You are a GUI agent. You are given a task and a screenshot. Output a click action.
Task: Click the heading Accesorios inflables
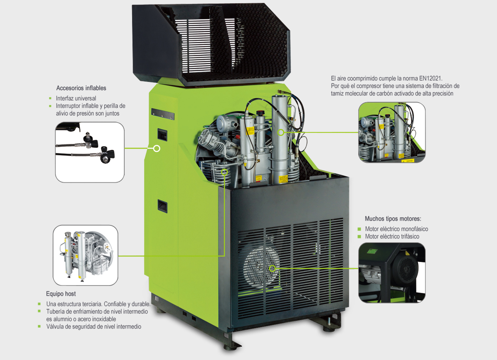coord(81,88)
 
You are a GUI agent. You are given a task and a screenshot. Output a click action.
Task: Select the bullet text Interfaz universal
coord(76,98)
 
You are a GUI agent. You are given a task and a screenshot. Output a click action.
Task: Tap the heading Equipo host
coord(61,294)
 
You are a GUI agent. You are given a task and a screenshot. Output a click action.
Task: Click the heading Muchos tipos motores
coord(393,219)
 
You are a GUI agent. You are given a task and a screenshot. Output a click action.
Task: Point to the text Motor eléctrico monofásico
coord(396,229)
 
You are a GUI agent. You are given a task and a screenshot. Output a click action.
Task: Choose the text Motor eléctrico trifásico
coord(392,236)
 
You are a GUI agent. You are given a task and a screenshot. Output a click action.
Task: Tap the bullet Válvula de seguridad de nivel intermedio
coord(94,326)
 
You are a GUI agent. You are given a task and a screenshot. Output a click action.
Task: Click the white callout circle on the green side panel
coord(157,149)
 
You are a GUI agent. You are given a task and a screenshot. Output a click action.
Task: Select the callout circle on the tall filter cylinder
coord(281,132)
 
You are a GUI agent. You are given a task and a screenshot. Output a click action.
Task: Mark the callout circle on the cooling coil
coord(224,172)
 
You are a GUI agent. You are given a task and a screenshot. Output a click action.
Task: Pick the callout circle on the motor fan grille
coord(272,269)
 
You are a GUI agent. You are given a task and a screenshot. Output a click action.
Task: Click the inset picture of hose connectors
coord(89,152)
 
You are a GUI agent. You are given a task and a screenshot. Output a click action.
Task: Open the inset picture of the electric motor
coord(392,272)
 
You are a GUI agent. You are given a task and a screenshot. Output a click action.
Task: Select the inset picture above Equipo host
coord(85,255)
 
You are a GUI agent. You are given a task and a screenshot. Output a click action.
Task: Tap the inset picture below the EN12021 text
coord(392,132)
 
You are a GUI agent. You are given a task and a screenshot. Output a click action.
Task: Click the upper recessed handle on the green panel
coord(162,134)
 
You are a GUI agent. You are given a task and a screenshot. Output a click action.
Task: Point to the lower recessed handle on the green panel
coord(162,206)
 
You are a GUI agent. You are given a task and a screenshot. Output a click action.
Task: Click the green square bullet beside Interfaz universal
coord(51,98)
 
